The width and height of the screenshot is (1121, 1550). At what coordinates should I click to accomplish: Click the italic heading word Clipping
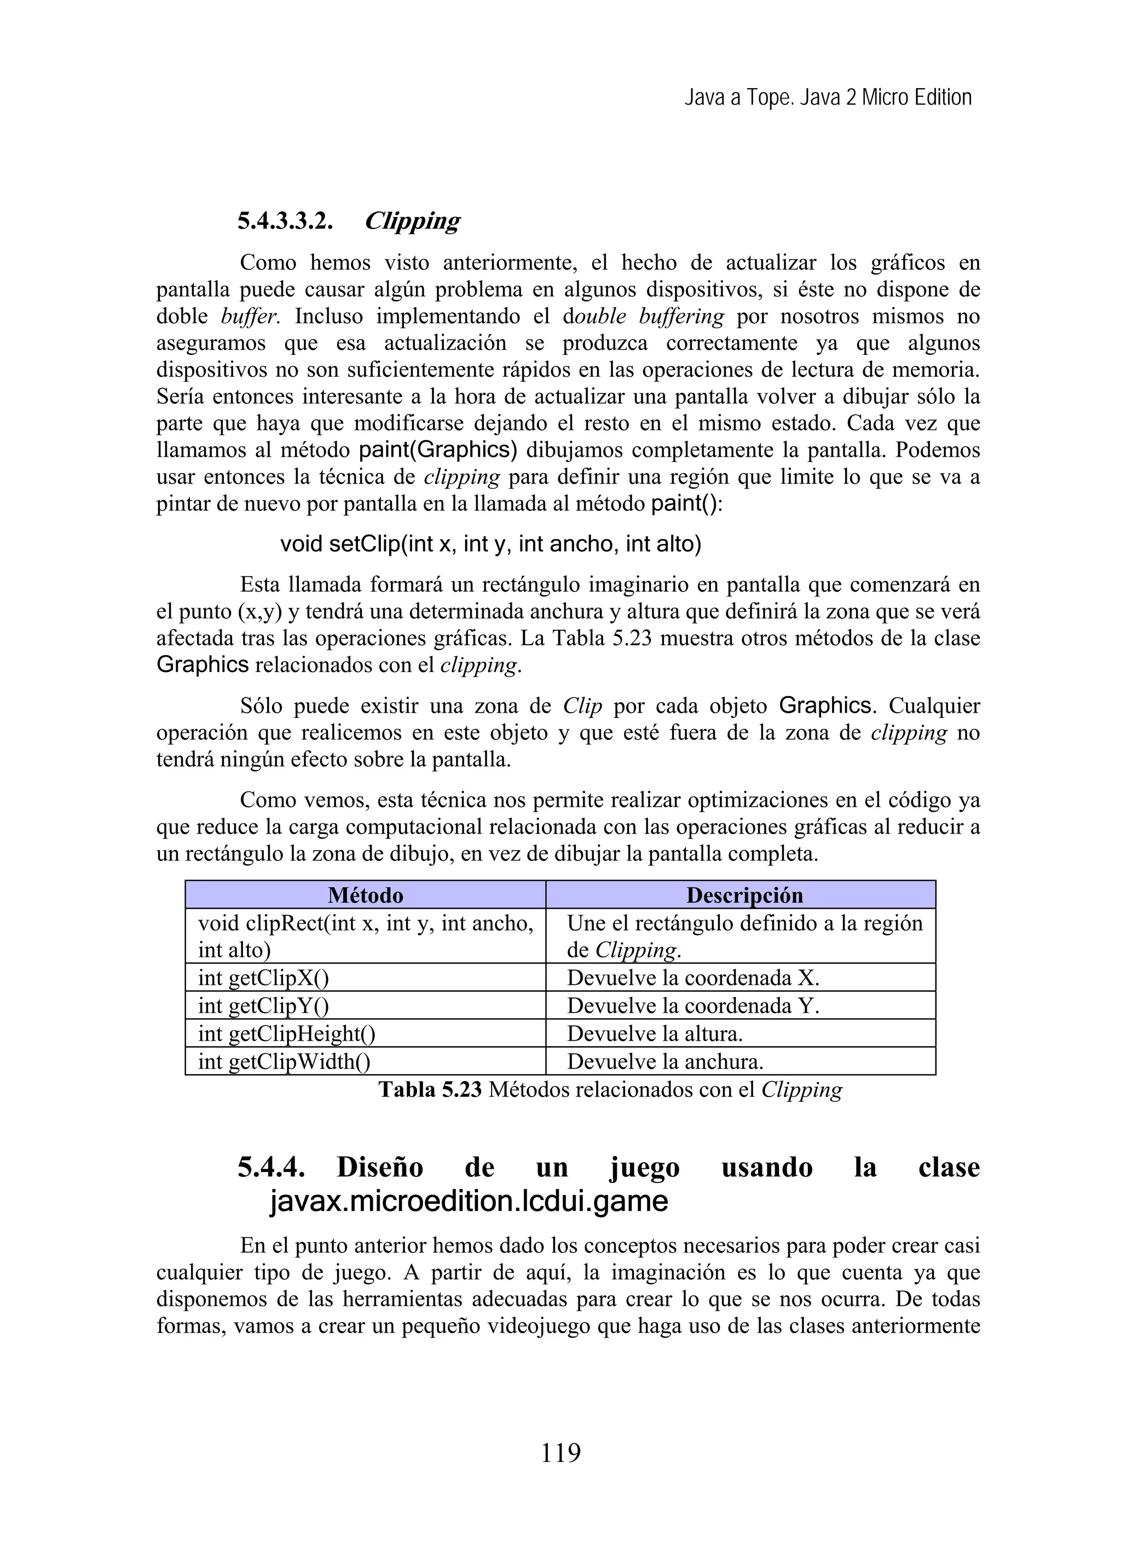pos(412,221)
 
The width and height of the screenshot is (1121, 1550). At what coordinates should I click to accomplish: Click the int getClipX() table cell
pos(264,978)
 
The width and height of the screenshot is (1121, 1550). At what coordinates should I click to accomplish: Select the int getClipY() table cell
pos(264,1006)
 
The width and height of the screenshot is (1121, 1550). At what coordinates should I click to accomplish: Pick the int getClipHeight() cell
pos(287,1034)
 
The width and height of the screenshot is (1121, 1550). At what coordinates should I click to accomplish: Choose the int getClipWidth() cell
pos(284,1061)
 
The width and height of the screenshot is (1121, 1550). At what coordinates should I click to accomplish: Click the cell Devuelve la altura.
pos(655,1034)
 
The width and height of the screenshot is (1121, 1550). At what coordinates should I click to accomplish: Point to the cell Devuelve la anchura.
pos(664,1061)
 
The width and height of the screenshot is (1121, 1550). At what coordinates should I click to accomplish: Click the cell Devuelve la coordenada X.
pos(692,978)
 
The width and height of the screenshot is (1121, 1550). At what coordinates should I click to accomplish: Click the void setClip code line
pos(490,544)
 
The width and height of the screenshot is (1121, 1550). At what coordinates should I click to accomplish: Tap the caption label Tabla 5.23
pos(430,1089)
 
